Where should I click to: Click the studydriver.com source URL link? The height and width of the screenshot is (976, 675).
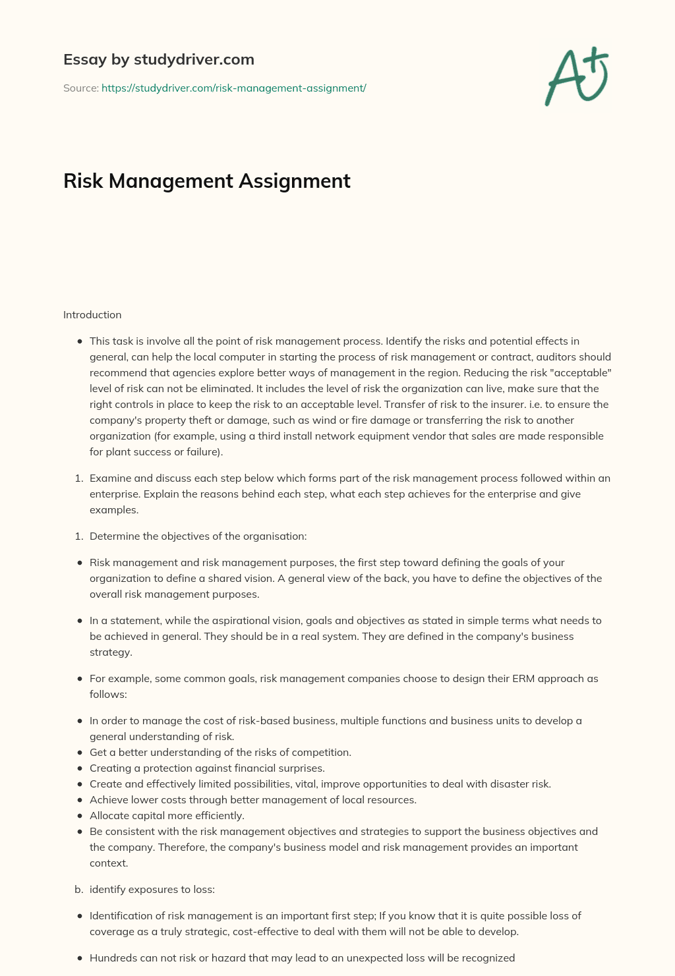(233, 88)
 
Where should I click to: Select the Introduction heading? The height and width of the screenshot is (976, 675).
(92, 315)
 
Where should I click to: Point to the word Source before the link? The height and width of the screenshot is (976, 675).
(80, 88)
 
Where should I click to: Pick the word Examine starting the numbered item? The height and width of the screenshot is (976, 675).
(111, 478)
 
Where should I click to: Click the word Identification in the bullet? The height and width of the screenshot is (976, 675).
(121, 916)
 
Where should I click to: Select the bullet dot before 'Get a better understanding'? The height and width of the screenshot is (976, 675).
(79, 753)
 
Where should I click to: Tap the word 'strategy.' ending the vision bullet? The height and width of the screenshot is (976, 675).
(111, 652)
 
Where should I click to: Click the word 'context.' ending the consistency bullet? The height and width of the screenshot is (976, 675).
(109, 863)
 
